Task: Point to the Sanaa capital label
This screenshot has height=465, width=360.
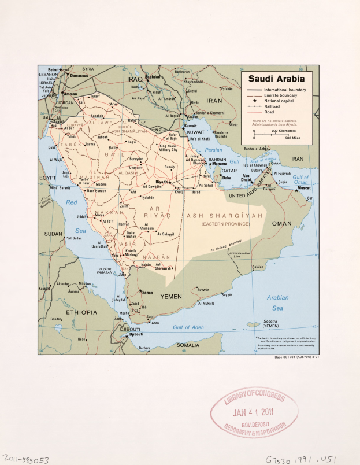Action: point(147,293)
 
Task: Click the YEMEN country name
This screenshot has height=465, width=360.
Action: point(170,296)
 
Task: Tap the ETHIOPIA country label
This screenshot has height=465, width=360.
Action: point(80,312)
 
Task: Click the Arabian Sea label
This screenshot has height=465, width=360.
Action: point(277,302)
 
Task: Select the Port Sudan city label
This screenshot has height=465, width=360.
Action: point(73,238)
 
